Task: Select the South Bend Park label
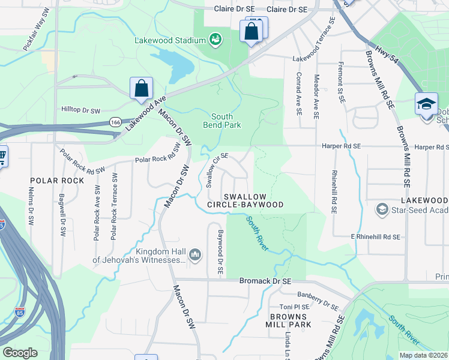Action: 226,121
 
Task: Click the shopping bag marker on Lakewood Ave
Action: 140,88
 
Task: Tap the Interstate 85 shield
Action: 20,312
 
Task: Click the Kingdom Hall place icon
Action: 195,256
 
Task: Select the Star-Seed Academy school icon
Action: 382,209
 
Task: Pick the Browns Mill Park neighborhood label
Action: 291,320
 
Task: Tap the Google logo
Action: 20,353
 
